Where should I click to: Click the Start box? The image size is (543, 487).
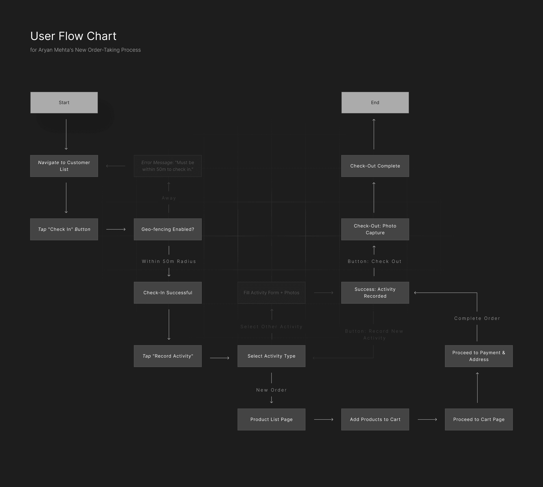pyautogui.click(x=64, y=102)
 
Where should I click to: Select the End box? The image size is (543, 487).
pyautogui.click(x=375, y=102)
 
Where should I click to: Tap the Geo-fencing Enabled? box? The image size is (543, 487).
pyautogui.click(x=168, y=229)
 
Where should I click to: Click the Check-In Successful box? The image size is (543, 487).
pyautogui.click(x=168, y=293)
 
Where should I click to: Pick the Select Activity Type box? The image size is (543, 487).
pyautogui.click(x=271, y=356)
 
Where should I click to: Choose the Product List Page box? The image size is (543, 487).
pyautogui.click(x=271, y=419)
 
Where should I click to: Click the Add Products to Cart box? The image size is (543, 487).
pyautogui.click(x=375, y=419)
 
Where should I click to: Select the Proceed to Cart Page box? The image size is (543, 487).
pyautogui.click(x=479, y=419)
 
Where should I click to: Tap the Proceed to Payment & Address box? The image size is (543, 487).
pyautogui.click(x=479, y=356)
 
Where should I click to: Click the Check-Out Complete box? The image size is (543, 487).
pyautogui.click(x=375, y=166)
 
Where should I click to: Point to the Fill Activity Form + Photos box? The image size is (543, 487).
pyautogui.click(x=271, y=293)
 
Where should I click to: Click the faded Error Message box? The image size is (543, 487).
pyautogui.click(x=168, y=166)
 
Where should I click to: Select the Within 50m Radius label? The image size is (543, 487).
pyautogui.click(x=169, y=261)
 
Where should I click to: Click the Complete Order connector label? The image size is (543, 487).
pyautogui.click(x=477, y=318)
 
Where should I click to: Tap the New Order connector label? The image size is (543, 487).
pyautogui.click(x=271, y=390)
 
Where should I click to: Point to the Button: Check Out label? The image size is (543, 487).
pyautogui.click(x=374, y=261)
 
